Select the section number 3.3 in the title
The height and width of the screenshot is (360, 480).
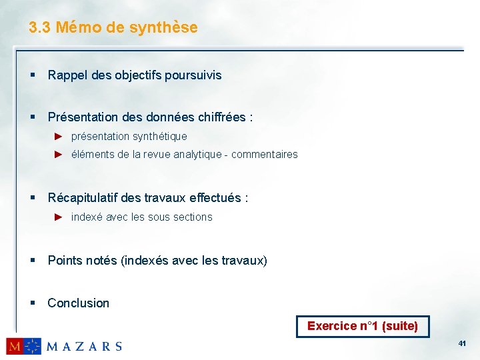click(40, 27)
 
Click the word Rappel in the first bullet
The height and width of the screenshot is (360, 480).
click(65, 75)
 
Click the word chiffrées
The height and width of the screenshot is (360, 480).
click(222, 117)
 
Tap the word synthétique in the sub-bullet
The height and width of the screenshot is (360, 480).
click(160, 136)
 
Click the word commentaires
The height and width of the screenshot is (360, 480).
click(265, 154)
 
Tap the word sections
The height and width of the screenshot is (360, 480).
click(191, 217)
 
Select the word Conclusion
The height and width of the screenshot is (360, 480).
click(79, 303)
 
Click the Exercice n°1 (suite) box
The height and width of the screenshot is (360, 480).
click(363, 326)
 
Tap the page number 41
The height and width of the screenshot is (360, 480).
click(462, 343)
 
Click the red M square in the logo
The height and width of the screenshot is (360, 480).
click(15, 346)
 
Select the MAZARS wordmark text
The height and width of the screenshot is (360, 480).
click(84, 346)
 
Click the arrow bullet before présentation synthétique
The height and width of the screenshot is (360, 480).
click(58, 136)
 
